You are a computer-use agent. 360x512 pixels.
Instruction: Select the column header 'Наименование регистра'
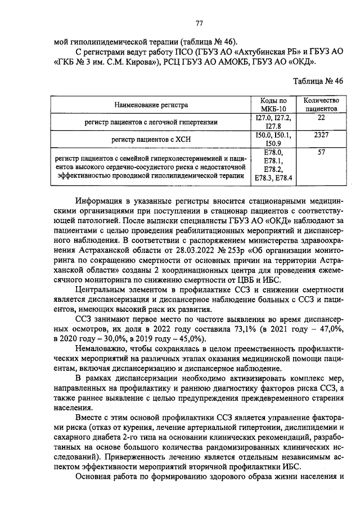[x=151, y=105]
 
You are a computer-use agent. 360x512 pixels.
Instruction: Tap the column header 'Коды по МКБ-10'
[x=273, y=104]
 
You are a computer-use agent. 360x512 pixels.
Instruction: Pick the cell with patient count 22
[x=321, y=117]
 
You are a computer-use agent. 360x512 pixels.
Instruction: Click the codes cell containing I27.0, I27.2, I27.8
[x=273, y=122]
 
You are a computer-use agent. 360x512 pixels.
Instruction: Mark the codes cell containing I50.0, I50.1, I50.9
[x=273, y=140]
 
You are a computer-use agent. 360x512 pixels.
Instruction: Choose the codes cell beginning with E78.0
[x=273, y=166]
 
